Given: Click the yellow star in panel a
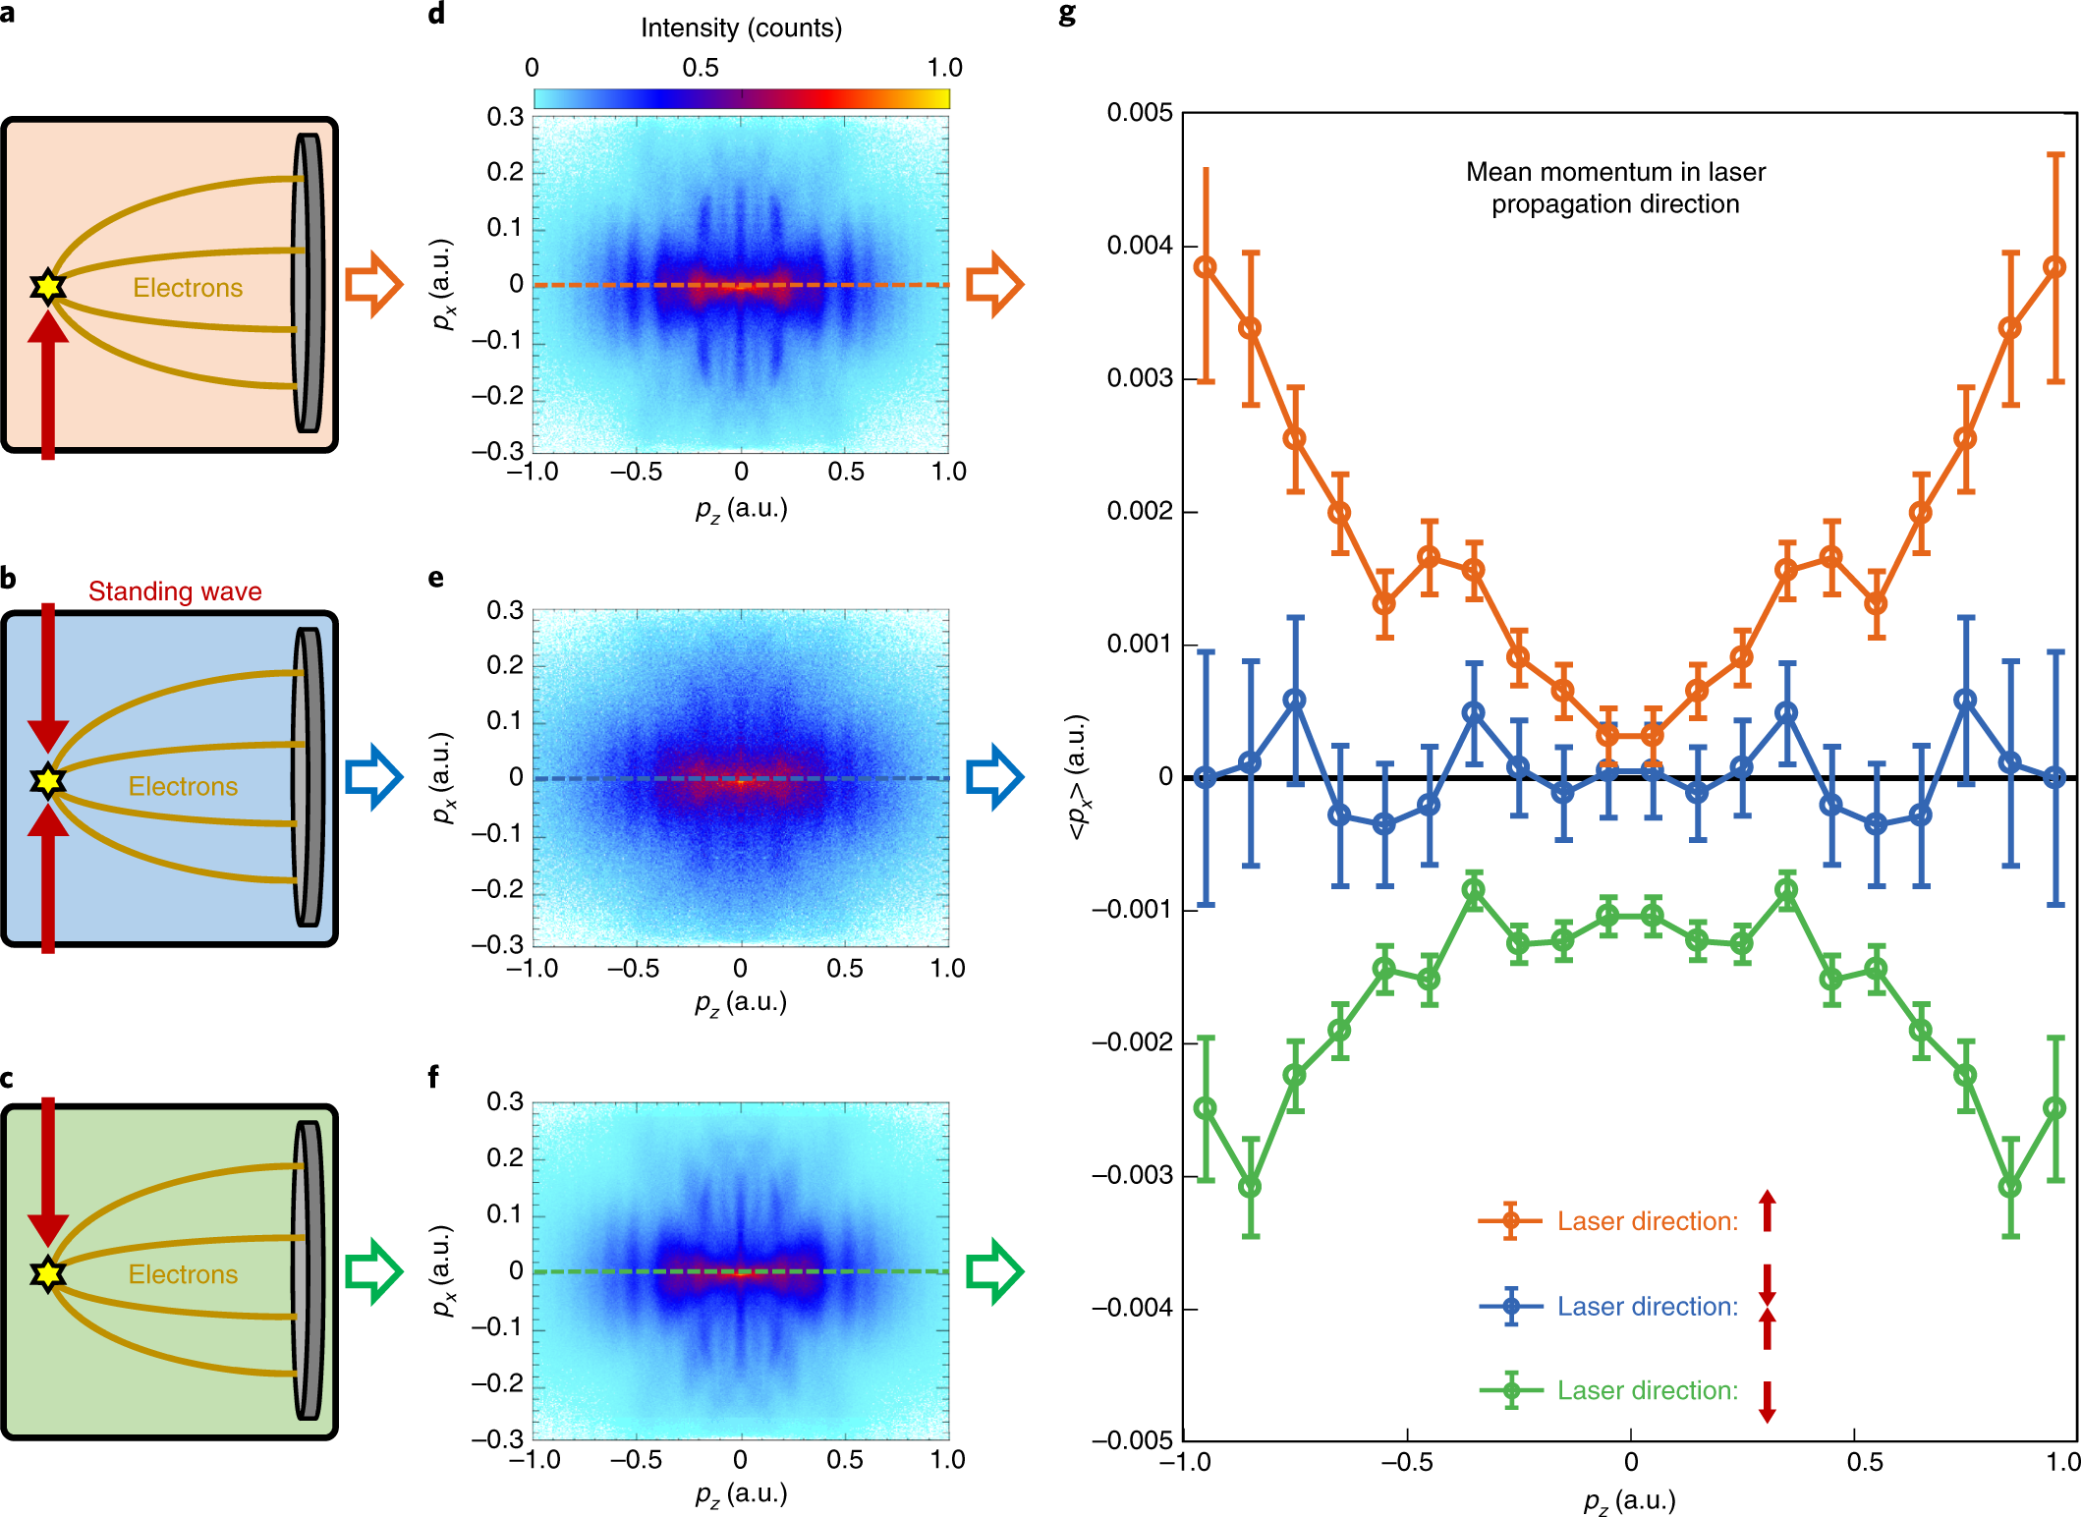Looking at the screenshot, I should tap(47, 287).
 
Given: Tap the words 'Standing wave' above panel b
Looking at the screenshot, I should tap(175, 591).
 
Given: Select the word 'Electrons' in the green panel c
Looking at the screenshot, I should tap(183, 1274).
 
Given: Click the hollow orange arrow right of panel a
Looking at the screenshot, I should tap(373, 284).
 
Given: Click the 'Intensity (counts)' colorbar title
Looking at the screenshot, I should tap(741, 28).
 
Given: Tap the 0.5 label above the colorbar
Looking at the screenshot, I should tap(701, 68).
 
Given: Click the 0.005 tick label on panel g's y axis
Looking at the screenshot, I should tap(1140, 113).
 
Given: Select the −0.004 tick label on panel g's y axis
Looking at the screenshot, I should tap(1132, 1308).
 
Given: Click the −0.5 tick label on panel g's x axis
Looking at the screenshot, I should tap(1406, 1462).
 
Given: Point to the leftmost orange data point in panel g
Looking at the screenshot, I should tap(1206, 267).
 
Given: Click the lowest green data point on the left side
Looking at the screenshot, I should tap(1250, 1187).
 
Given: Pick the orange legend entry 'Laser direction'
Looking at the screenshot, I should tap(1647, 1221).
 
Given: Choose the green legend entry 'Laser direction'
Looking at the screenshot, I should tap(1647, 1390).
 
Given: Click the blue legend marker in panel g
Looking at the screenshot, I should tap(1511, 1307).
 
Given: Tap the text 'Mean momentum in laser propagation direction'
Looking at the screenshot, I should tap(1615, 188).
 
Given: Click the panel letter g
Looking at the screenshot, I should tap(1067, 14).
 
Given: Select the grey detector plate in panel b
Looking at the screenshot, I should tap(309, 777).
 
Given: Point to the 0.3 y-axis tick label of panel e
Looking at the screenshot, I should tap(505, 610).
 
